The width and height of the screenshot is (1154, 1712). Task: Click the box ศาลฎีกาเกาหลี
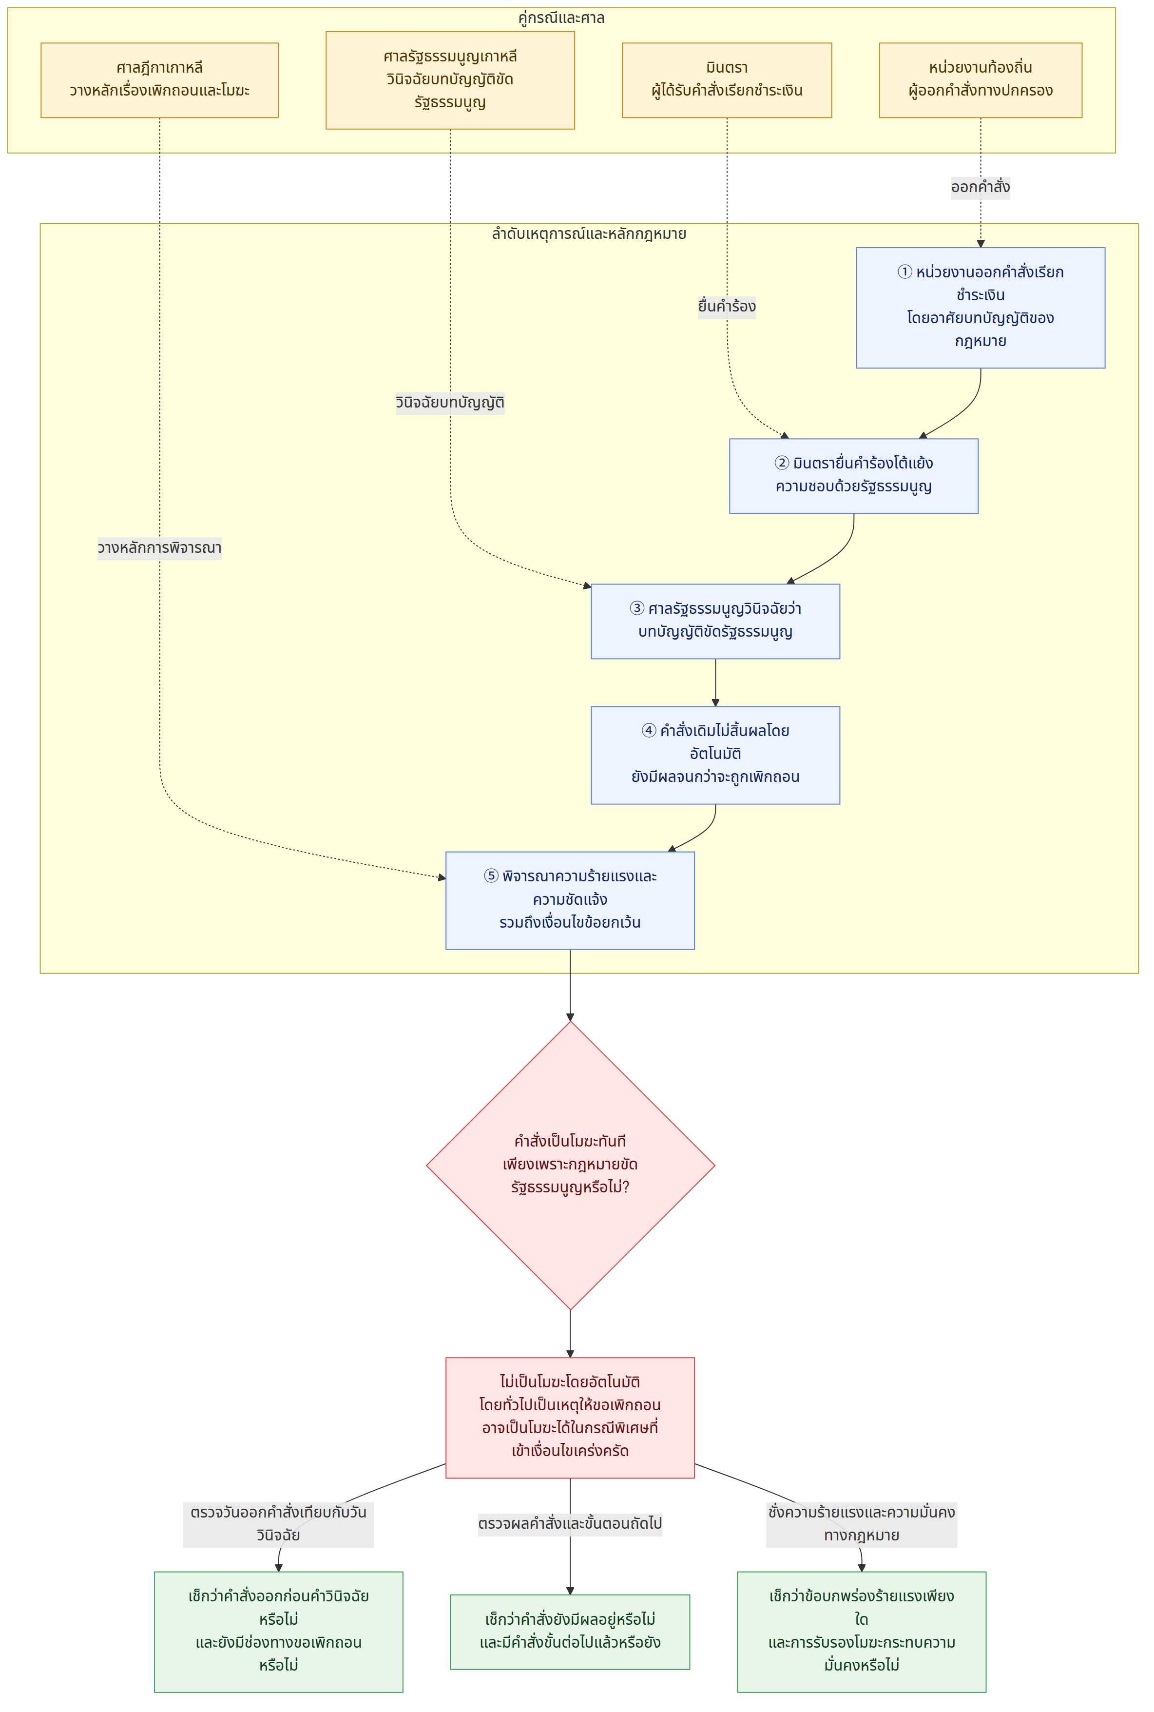pos(160,79)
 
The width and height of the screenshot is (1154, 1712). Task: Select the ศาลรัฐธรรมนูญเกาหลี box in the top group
pos(450,79)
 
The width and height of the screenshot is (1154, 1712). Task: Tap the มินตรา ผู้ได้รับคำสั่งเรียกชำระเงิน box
pos(727,79)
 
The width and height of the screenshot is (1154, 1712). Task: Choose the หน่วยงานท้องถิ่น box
pos(981,79)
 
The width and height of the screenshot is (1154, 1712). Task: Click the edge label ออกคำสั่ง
pos(981,187)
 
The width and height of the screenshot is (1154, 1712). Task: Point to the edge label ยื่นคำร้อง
pos(727,306)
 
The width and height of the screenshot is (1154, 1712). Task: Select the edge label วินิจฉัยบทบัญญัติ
pos(450,403)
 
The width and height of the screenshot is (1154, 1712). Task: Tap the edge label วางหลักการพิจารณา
pos(160,547)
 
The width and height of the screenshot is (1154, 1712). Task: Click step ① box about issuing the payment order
pos(981,308)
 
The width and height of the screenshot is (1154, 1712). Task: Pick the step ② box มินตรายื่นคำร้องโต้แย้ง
pos(854,475)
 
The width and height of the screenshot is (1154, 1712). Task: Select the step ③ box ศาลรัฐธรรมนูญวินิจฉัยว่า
pos(715,621)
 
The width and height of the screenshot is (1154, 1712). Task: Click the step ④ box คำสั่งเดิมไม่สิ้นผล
pos(715,755)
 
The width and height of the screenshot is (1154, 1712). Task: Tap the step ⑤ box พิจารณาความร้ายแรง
pos(570,900)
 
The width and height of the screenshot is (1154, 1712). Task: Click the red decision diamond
pos(570,1165)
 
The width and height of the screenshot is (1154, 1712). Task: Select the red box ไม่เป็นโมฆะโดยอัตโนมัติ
pos(570,1418)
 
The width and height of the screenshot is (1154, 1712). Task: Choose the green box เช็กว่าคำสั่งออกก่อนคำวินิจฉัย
pos(278,1632)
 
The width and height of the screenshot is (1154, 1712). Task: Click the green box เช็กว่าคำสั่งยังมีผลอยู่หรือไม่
pos(570,1632)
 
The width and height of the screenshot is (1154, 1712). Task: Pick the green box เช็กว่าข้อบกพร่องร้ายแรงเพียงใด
pos(862,1632)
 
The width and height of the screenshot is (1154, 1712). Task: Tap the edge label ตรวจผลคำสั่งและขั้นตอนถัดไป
pos(570,1523)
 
